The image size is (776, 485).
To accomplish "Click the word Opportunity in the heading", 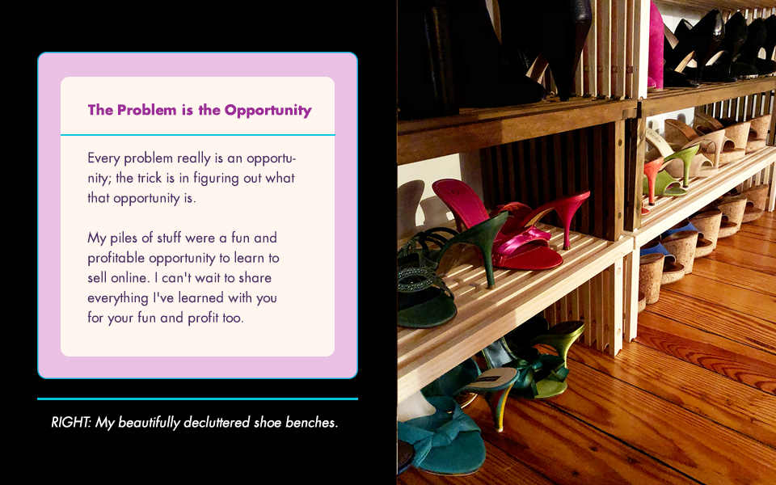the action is click(268, 111).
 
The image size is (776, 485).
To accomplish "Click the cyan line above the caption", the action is click(197, 399).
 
